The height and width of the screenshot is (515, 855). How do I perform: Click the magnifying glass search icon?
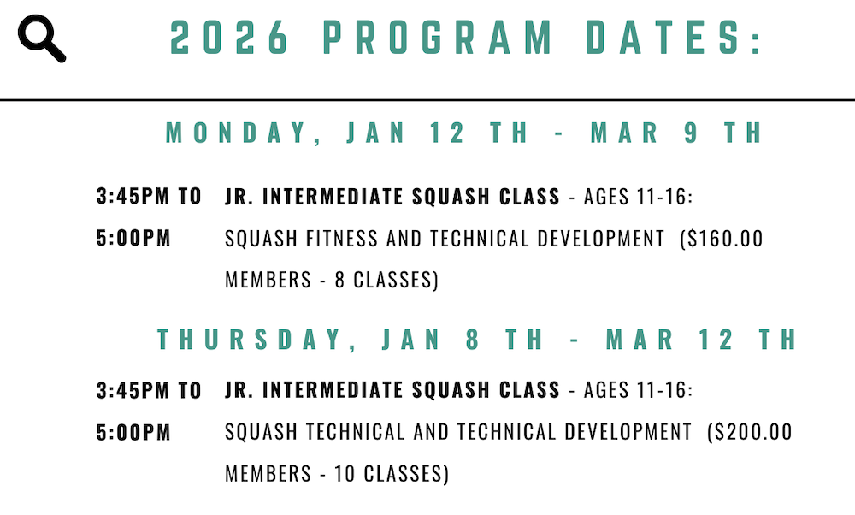pos(41,38)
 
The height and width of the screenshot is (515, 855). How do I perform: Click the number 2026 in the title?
pos(229,38)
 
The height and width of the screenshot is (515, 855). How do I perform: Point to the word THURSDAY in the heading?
pos(250,340)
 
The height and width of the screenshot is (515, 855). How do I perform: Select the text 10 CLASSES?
pos(389,474)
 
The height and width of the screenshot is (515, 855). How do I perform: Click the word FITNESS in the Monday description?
pos(342,239)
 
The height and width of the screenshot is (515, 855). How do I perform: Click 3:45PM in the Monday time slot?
pos(133,196)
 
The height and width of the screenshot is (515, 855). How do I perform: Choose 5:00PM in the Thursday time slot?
pos(133,433)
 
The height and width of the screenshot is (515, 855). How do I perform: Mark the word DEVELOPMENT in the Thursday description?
pos(628,432)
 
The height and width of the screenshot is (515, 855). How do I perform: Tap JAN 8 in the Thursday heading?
pos(431,340)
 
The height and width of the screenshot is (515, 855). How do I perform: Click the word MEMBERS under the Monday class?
pos(268,280)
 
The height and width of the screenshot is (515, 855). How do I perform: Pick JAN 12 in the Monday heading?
pos(405,133)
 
